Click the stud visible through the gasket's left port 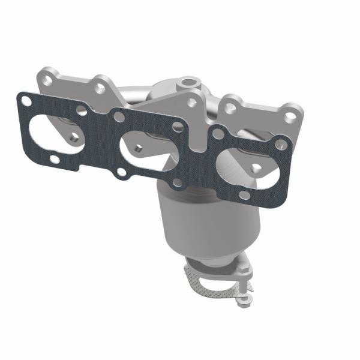click(71, 137)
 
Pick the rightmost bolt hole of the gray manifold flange click(290, 115)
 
